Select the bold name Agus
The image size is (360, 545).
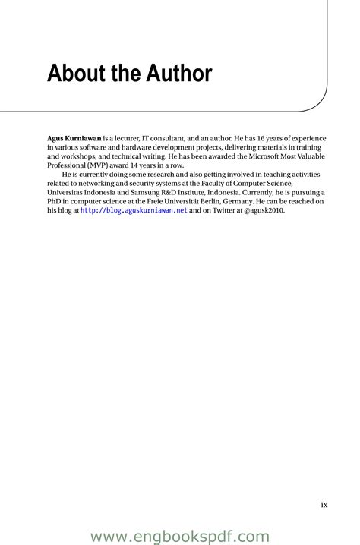pyautogui.click(x=58, y=139)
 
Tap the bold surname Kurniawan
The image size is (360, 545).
pyautogui.click(x=86, y=139)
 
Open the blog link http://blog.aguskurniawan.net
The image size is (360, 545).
pyautogui.click(x=134, y=210)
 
